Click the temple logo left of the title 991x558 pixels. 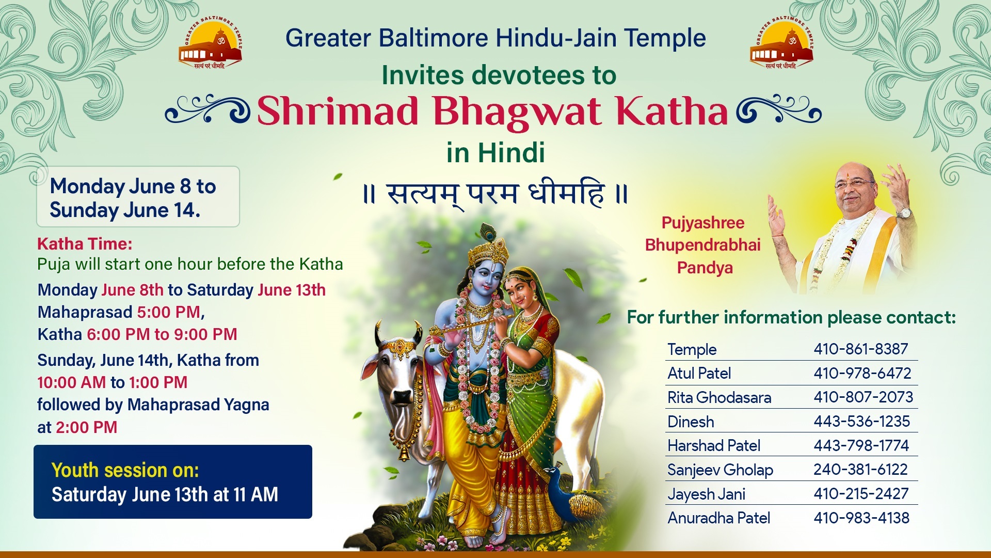point(211,44)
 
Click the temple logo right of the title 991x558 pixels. point(781,44)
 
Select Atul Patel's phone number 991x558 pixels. point(862,373)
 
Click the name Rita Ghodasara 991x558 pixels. point(719,397)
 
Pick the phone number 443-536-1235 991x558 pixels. point(861,421)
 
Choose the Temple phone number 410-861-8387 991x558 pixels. point(860,349)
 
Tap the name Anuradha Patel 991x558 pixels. point(718,518)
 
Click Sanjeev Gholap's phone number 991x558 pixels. point(860,469)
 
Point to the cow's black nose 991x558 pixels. point(401,397)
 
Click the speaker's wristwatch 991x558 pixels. point(903,212)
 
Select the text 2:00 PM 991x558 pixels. point(86,427)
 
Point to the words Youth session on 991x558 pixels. point(125,470)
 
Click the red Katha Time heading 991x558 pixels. point(85,243)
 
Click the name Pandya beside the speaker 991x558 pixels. point(705,268)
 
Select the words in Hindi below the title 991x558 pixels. point(495,152)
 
